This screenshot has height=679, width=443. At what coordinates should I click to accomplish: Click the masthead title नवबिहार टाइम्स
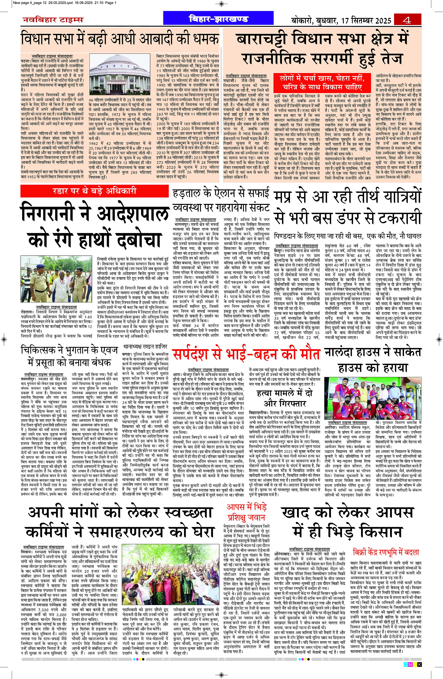click(x=53, y=20)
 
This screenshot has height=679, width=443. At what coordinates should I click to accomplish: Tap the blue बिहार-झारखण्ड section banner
click(x=218, y=19)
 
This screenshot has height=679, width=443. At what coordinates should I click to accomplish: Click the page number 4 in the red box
click(x=407, y=20)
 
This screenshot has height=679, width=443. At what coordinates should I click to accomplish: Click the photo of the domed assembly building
click(x=119, y=74)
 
